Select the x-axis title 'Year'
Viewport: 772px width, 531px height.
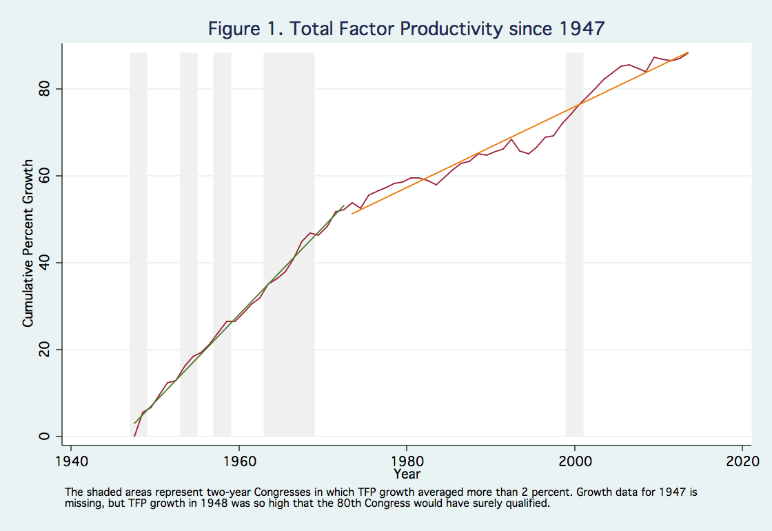point(407,474)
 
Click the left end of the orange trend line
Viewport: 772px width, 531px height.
point(352,214)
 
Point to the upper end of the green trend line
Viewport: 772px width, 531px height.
point(345,205)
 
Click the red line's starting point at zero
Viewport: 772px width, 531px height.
point(134,436)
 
